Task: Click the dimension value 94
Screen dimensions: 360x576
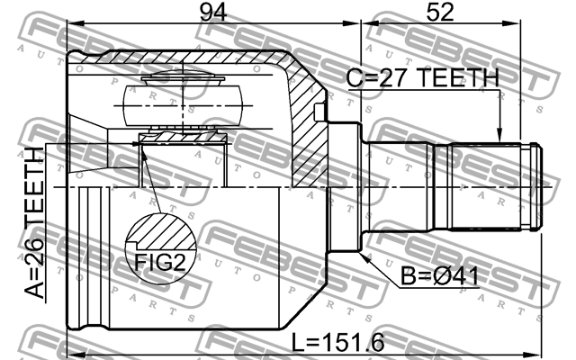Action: point(212,13)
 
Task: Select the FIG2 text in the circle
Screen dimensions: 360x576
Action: point(161,264)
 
